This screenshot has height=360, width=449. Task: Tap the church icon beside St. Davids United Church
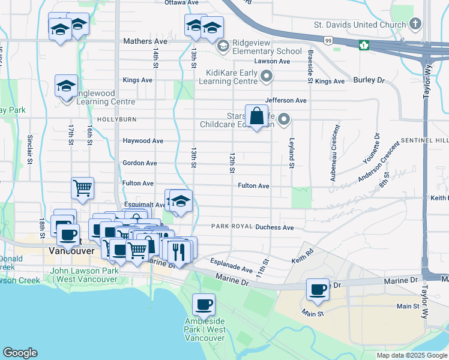pos(415,25)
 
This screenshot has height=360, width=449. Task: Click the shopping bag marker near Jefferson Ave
pos(257,116)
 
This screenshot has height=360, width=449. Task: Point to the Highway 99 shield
pos(328,40)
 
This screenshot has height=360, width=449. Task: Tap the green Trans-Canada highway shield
pos(364,45)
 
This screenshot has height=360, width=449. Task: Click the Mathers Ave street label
pos(145,41)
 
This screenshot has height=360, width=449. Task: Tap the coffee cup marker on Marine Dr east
pos(318,290)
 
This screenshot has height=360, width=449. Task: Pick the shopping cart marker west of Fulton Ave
pos(82,188)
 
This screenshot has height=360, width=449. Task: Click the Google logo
pos(20,353)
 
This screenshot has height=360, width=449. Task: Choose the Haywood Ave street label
pos(143,141)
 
